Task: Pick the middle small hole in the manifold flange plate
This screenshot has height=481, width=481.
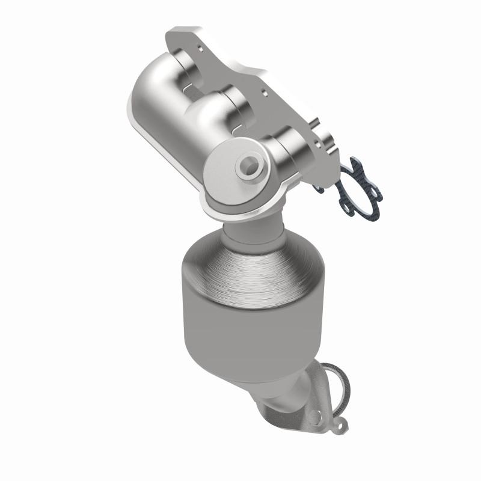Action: (265, 93)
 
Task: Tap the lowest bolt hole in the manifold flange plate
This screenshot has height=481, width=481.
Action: (318, 145)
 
